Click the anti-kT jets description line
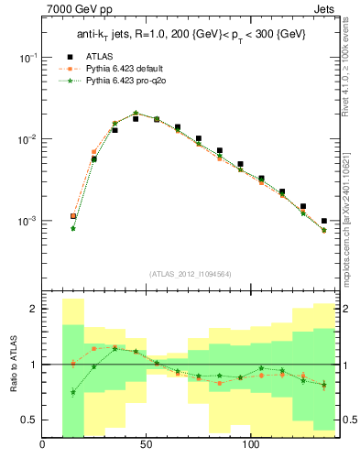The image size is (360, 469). click(189, 34)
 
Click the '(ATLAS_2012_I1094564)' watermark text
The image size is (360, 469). click(189, 273)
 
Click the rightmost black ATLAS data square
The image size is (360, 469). click(324, 221)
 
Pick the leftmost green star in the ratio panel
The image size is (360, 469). click(73, 392)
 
